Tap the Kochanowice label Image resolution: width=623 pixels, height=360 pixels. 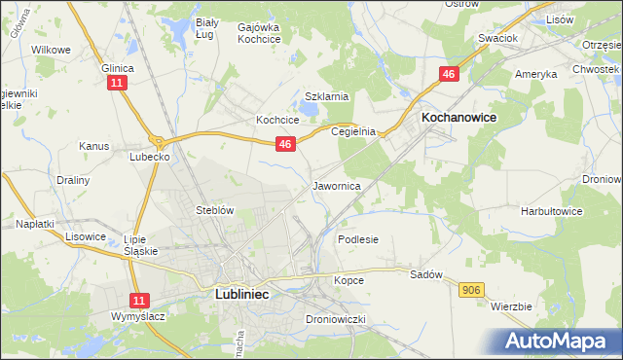[458, 117]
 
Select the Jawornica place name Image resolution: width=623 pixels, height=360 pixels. [338, 185]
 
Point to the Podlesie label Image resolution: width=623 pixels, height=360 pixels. [357, 238]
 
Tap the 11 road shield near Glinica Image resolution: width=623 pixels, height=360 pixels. [117, 85]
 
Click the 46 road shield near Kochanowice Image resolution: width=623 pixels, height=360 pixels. [449, 75]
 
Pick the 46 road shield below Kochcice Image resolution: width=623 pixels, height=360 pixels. [284, 144]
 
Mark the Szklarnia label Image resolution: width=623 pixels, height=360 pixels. [326, 96]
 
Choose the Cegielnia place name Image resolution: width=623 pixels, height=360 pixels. [353, 131]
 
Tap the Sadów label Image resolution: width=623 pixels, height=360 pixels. [426, 274]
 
